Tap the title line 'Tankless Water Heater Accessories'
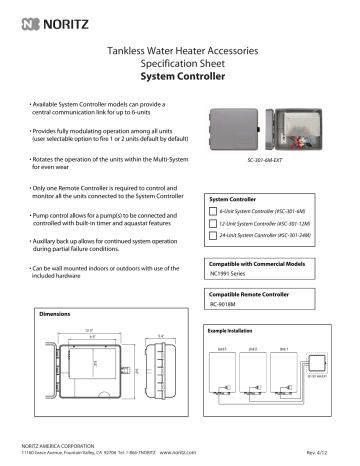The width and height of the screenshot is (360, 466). [x=180, y=46]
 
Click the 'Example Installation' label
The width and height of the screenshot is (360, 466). [x=236, y=328]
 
